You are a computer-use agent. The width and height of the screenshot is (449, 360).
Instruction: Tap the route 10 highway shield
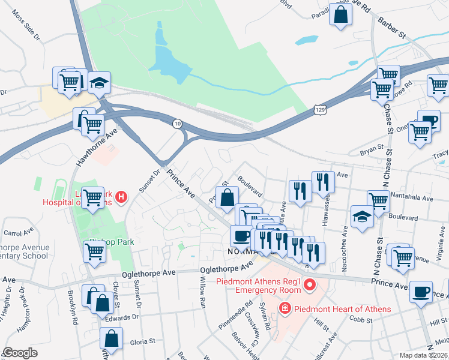point(177,124)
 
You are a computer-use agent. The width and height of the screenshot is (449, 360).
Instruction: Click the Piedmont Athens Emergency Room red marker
point(310,284)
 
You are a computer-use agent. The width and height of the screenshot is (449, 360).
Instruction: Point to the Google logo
point(20,353)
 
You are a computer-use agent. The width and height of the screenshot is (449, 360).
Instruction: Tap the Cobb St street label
point(360,322)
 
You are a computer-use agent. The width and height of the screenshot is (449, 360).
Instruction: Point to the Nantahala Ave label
point(411,198)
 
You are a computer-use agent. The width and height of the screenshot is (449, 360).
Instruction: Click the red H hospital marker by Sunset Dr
point(121,196)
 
